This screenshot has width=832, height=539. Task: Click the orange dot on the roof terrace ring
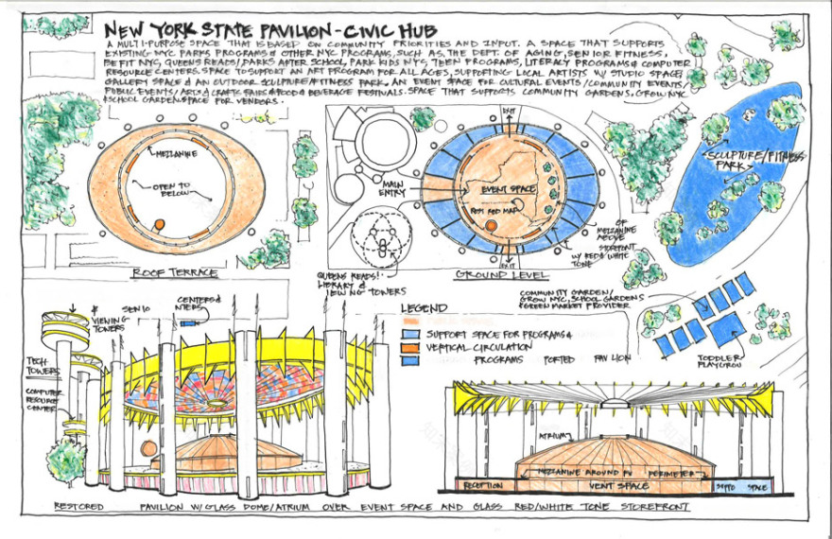click(160, 224)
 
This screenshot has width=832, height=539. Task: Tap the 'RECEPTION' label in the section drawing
click(481, 486)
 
